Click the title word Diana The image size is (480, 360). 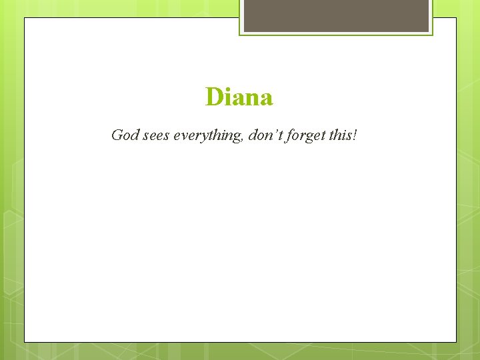[239, 97]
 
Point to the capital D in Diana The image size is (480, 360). [214, 97]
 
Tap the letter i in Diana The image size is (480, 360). [227, 97]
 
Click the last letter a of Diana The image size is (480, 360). [266, 99]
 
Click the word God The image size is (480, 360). [125, 135]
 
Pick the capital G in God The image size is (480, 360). [117, 135]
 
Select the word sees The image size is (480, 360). [155, 137]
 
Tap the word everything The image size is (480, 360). [208, 137]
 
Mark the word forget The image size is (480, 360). [304, 137]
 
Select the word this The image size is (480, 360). [341, 135]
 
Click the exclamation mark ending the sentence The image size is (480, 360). [355, 135]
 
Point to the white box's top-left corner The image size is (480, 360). [25, 18]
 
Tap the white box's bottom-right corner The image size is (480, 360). [456, 342]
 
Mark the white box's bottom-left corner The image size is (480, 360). [25, 342]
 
